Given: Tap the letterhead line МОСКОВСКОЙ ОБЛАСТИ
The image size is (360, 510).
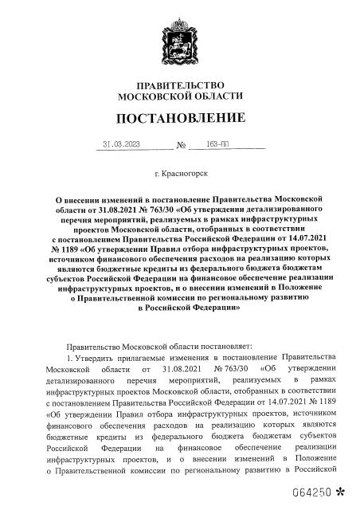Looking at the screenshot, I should click(x=180, y=96).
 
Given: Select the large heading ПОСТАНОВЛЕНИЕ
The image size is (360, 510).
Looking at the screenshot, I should click(x=180, y=120).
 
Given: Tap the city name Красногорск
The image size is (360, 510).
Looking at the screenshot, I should click(x=185, y=172).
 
